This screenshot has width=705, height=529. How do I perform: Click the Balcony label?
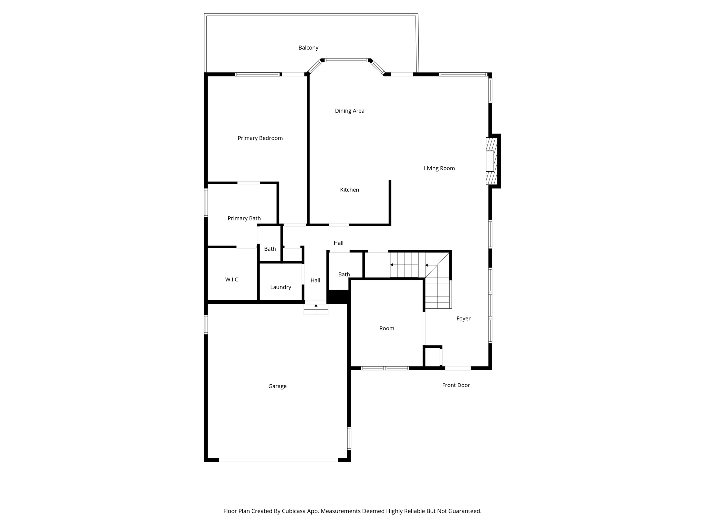[x=308, y=48]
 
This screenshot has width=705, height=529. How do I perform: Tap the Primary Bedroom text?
[x=260, y=138]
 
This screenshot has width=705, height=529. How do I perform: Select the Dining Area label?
[x=349, y=111]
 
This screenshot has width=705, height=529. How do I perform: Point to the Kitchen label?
[x=349, y=190]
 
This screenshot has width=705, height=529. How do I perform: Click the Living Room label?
[x=439, y=168]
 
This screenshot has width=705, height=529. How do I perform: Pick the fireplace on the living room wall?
[x=492, y=161]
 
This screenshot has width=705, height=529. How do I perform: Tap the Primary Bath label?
[x=244, y=218]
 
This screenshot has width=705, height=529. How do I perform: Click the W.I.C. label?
[x=232, y=280]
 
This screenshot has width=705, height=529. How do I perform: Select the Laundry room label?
[x=281, y=287]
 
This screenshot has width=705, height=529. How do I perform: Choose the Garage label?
[x=277, y=386]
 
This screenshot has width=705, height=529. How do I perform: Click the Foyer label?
[x=463, y=319]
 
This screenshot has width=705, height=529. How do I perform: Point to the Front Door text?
[x=456, y=385]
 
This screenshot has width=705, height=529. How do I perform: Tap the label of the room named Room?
[x=387, y=329]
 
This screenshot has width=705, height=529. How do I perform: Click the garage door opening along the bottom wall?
[x=278, y=460]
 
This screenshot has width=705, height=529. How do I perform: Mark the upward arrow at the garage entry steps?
[x=316, y=305]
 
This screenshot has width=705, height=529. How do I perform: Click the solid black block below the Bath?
[x=338, y=297]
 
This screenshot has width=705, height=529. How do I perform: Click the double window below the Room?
[x=385, y=368]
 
